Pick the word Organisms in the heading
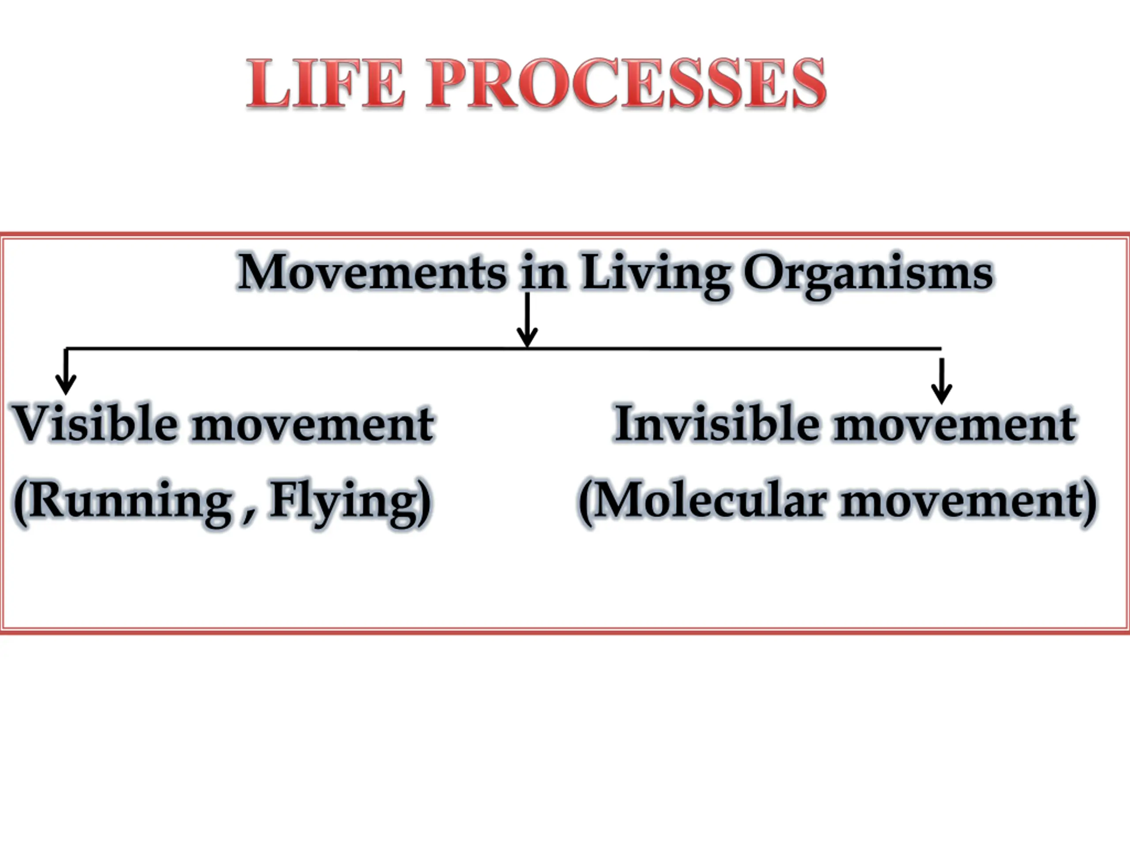click(868, 276)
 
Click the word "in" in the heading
click(544, 272)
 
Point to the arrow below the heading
click(527, 320)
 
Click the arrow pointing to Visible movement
click(65, 371)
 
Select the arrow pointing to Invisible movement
click(942, 381)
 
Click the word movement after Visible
click(313, 425)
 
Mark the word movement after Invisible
click(954, 425)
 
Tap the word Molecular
click(710, 500)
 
